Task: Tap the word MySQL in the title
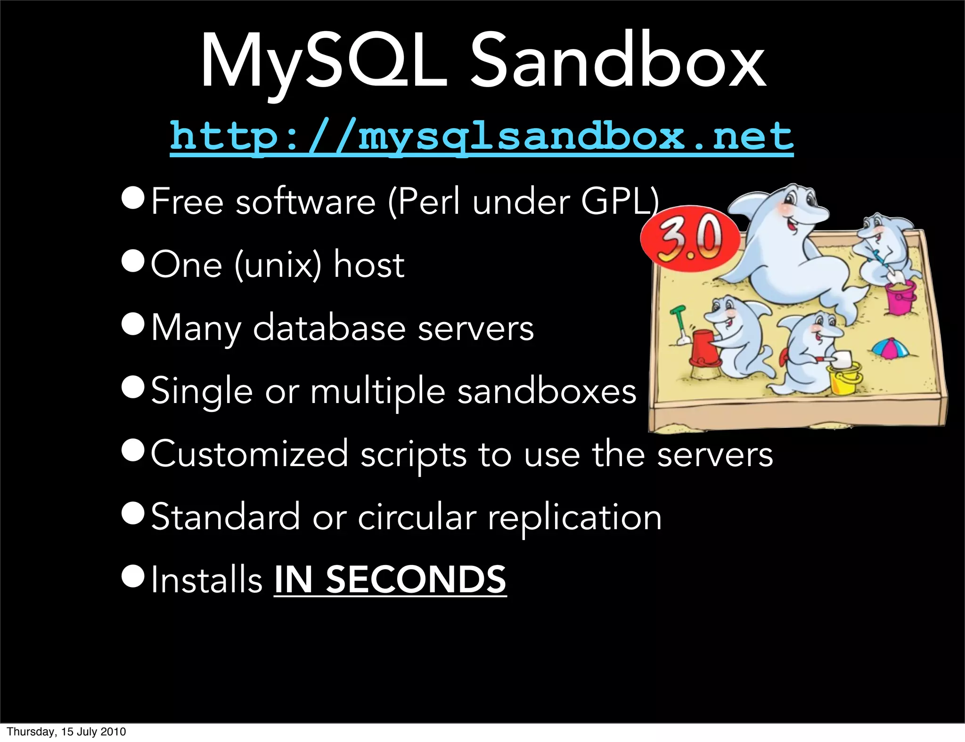tap(323, 61)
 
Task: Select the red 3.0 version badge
tap(689, 238)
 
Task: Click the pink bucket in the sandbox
tap(900, 297)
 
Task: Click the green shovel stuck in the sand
tap(679, 325)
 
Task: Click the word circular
tap(417, 517)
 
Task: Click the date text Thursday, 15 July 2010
tap(66, 731)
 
